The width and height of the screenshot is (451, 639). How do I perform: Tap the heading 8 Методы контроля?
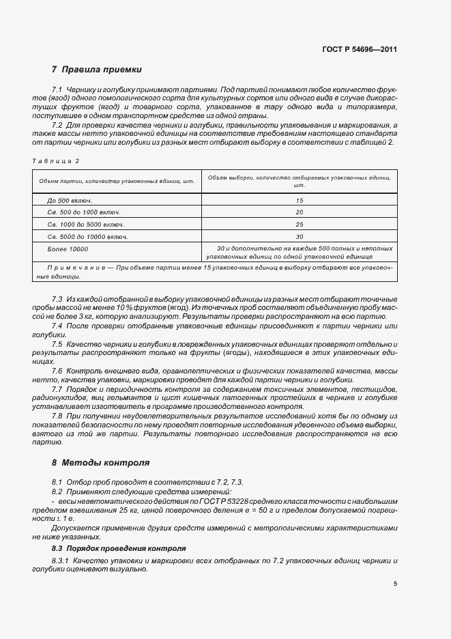click(x=100, y=462)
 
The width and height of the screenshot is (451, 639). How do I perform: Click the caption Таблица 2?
click(x=55, y=160)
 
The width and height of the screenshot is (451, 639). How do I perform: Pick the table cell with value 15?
click(x=299, y=201)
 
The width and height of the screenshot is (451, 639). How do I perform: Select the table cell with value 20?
click(x=299, y=212)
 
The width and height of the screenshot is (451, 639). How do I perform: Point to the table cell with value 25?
click(x=299, y=225)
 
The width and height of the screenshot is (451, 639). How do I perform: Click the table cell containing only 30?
click(x=299, y=236)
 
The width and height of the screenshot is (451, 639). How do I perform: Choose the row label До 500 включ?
click(x=70, y=201)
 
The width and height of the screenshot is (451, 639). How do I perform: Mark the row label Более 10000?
click(x=68, y=248)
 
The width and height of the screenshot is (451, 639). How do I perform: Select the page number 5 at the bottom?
click(x=395, y=584)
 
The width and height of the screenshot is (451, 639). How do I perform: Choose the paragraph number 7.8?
click(x=57, y=416)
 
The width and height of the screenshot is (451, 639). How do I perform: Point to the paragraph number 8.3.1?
click(x=59, y=560)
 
